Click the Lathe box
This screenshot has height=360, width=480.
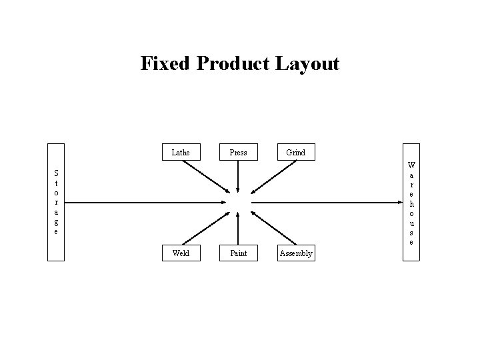(x=180, y=153)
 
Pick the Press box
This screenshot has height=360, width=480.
(x=238, y=153)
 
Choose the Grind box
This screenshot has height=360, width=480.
(x=295, y=153)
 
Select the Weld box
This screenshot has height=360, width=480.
(x=180, y=253)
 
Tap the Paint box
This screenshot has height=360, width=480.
(x=238, y=253)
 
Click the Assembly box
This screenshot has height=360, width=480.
(x=296, y=253)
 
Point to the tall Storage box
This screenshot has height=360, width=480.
(x=56, y=202)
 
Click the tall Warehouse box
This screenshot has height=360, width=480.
(x=411, y=202)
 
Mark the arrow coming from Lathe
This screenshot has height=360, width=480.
(x=205, y=176)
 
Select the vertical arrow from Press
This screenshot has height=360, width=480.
(x=238, y=177)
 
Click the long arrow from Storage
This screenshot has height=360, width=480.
(x=147, y=202)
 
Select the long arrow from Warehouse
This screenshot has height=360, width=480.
(x=327, y=202)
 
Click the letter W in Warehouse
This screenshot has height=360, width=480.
(x=411, y=165)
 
